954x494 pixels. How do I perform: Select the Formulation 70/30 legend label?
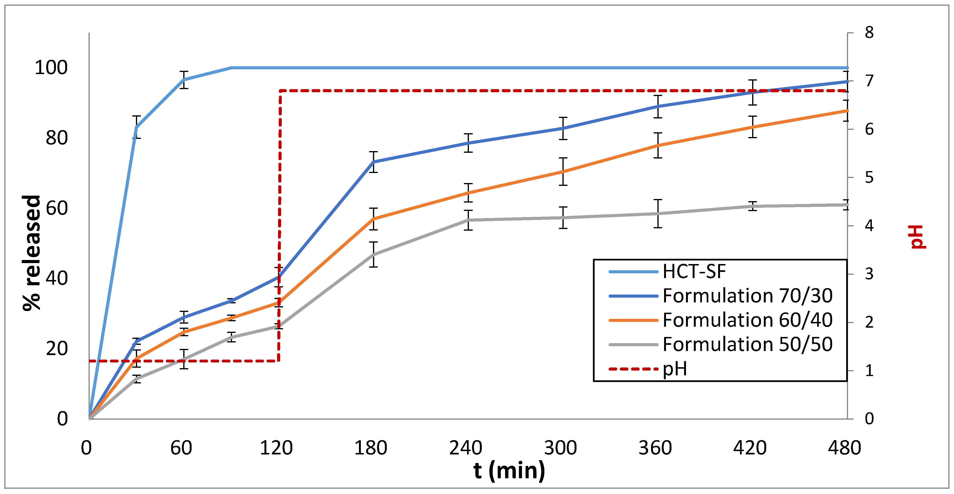pyautogui.click(x=747, y=296)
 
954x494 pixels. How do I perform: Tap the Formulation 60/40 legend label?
pyautogui.click(x=747, y=320)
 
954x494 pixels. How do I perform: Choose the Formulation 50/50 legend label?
pyautogui.click(x=747, y=345)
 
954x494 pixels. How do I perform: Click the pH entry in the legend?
pyautogui.click(x=675, y=369)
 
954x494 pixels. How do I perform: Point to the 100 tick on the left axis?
pyautogui.click(x=51, y=68)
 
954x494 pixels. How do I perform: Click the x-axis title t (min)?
pyautogui.click(x=509, y=470)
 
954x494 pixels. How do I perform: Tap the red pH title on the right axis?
pyautogui.click(x=918, y=237)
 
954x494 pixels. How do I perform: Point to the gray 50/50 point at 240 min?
pyautogui.click(x=468, y=220)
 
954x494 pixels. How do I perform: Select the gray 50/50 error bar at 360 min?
pyautogui.click(x=658, y=214)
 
